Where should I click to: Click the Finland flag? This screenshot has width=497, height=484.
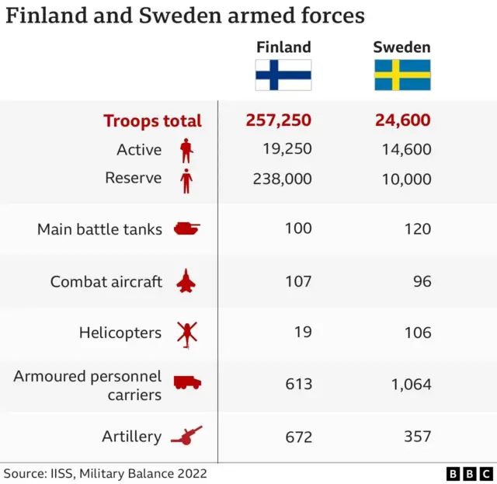[283, 75]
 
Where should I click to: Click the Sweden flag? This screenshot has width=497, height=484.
[402, 75]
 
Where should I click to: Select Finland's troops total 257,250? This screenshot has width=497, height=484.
[279, 120]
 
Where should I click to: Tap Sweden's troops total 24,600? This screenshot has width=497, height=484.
[402, 120]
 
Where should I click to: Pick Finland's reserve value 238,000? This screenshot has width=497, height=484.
[282, 179]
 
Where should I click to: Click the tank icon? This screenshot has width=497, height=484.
[186, 228]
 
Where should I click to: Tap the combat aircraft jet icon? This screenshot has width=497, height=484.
[186, 281]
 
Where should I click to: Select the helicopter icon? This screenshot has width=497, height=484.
[186, 333]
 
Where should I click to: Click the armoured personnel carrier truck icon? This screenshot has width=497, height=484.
[187, 383]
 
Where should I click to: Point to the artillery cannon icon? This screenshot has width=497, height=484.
[186, 436]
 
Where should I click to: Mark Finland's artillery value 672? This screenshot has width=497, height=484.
[298, 437]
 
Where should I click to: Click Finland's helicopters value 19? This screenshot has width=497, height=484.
[303, 333]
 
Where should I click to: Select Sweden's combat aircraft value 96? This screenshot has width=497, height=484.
[422, 281]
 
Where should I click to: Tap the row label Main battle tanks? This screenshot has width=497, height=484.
[99, 229]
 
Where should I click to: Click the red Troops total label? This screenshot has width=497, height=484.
[152, 121]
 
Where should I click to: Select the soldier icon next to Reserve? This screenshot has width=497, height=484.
[186, 180]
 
